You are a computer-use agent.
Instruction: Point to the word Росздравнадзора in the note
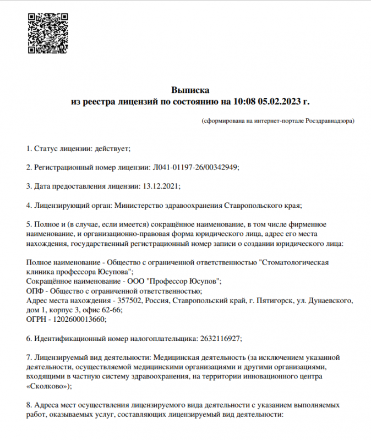330,120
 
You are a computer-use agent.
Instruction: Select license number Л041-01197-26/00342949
194,167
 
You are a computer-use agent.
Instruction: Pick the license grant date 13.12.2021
161,186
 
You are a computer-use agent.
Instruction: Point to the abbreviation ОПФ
35,291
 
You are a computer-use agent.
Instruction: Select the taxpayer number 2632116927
219,338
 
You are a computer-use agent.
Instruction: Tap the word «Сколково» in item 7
47,386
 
